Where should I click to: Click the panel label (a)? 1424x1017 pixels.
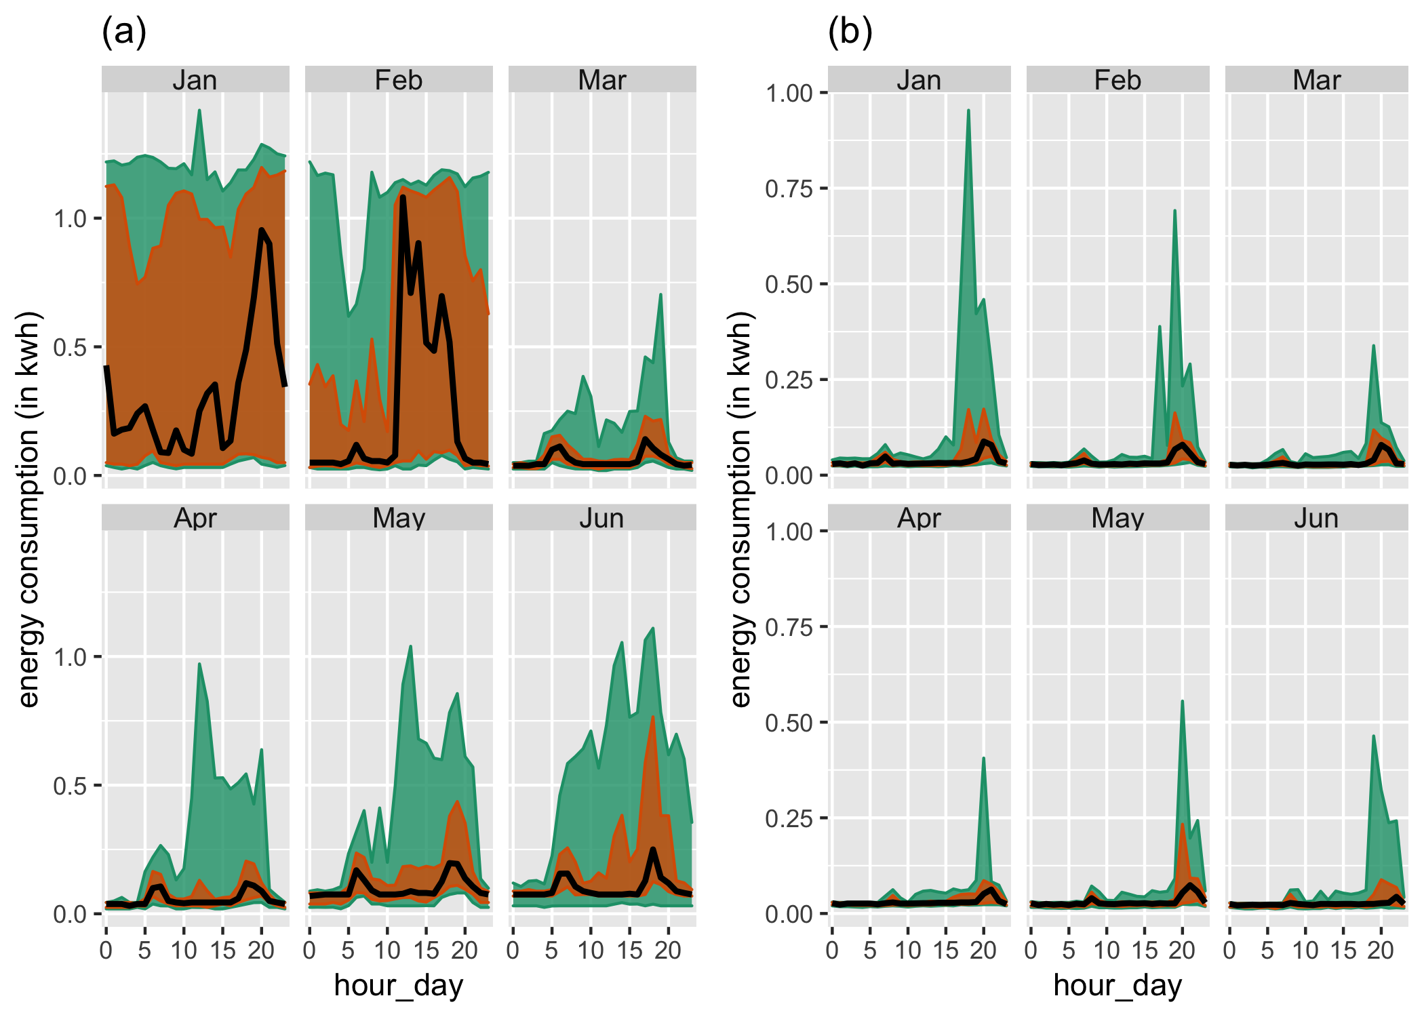pos(124,32)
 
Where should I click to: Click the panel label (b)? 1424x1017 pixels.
pos(850,32)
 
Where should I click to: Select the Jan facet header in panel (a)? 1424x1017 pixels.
pos(195,80)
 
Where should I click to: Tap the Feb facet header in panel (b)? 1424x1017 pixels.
pos(1118,80)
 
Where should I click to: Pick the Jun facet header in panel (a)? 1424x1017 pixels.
pos(601,518)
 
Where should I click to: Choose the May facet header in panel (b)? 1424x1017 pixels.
pos(1118,518)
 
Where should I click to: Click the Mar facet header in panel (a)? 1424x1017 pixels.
pos(601,80)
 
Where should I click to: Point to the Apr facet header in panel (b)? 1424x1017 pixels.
pos(919,518)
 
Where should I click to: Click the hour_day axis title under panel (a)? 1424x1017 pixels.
pos(399,985)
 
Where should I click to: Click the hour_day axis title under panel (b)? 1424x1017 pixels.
pos(1118,985)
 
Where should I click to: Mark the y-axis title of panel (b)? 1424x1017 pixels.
pos(740,509)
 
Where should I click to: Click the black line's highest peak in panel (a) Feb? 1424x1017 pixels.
pos(403,197)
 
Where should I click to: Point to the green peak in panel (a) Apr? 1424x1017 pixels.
pos(199,664)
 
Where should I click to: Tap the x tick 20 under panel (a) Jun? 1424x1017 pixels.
pos(668,951)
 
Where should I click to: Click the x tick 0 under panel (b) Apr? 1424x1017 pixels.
pos(832,951)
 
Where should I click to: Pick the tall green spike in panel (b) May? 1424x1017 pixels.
pos(1182,702)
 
